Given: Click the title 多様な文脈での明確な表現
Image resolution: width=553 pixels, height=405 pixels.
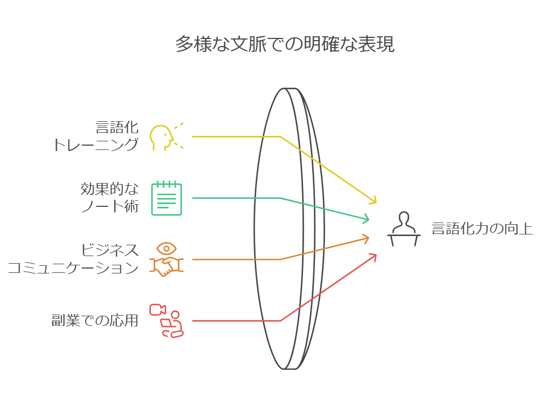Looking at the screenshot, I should [285, 44].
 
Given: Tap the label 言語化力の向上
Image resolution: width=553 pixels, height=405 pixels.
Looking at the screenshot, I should [482, 229].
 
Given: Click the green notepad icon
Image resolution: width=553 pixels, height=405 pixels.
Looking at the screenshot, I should [167, 198].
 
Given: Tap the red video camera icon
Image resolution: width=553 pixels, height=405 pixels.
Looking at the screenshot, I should [157, 309].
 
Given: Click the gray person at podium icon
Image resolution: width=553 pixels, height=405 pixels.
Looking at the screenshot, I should [404, 230].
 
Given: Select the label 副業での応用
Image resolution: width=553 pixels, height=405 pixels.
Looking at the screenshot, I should [95, 321].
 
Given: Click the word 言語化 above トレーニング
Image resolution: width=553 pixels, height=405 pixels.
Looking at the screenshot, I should [117, 128].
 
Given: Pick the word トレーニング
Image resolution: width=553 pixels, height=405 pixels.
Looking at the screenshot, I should [96, 145].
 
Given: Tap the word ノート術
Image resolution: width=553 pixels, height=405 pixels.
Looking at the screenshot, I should [110, 206].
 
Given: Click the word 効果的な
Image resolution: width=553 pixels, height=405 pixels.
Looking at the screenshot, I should [109, 190].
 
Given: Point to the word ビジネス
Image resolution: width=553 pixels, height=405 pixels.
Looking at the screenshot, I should [110, 251].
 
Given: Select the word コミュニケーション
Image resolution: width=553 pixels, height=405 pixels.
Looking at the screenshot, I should [73, 267].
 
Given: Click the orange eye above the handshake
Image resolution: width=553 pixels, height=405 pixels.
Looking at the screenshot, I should [167, 249].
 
